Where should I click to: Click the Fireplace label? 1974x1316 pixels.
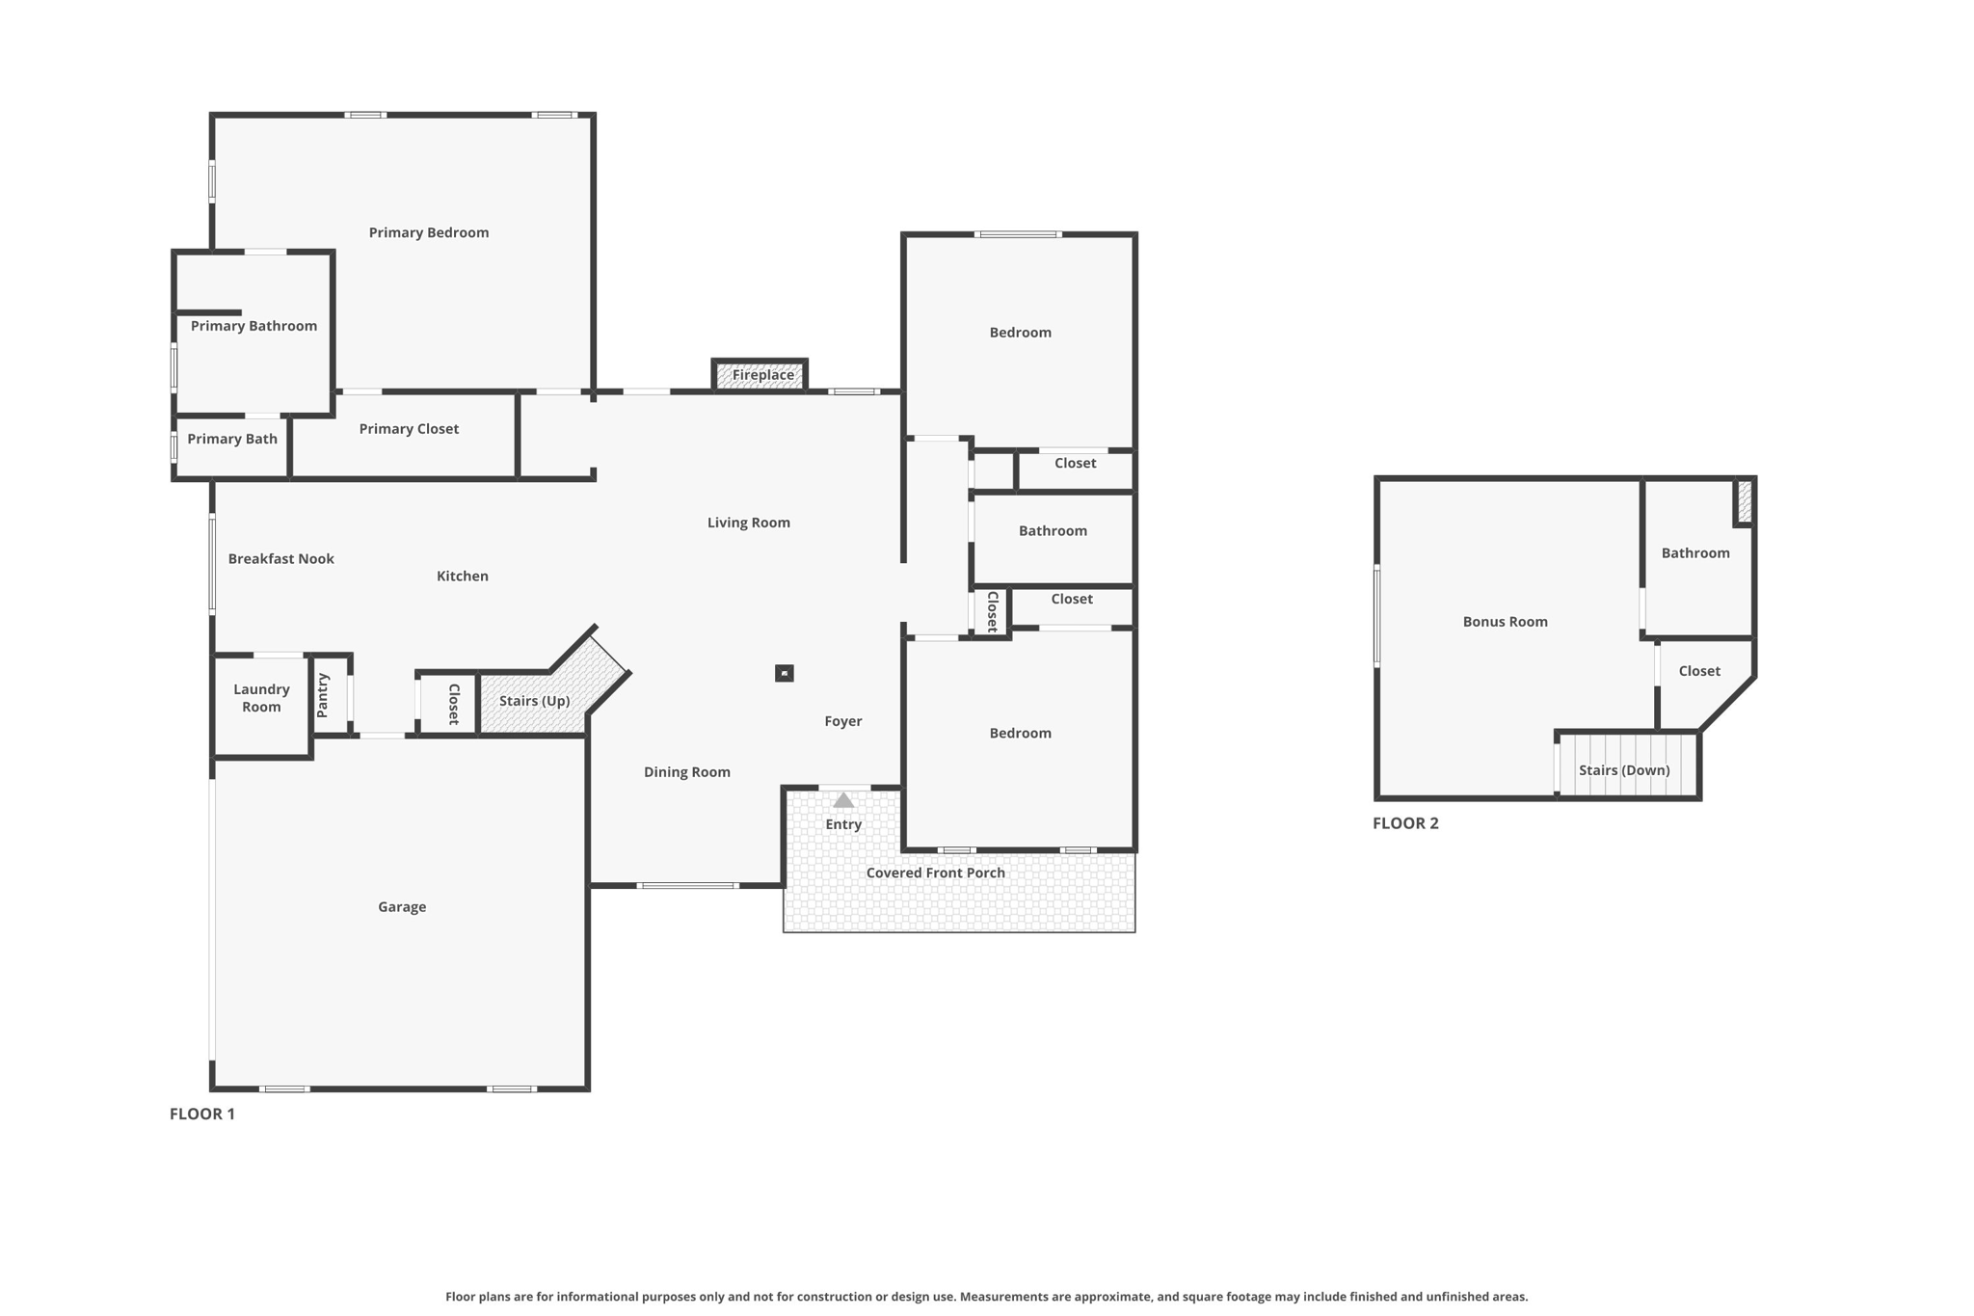tap(762, 375)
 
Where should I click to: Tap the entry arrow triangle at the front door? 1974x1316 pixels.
tap(843, 800)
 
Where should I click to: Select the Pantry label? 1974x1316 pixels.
tap(323, 695)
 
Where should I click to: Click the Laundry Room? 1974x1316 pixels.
tap(261, 706)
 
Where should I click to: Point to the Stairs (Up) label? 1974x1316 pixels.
tap(534, 701)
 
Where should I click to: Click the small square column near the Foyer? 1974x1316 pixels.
tap(785, 673)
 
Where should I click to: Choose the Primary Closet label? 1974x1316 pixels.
tap(409, 429)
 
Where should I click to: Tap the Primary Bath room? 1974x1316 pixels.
tap(231, 446)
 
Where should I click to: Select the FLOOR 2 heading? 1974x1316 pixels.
tap(1405, 823)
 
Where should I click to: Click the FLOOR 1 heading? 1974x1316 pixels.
tap(202, 1115)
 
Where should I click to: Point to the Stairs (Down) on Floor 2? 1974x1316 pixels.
tap(1627, 765)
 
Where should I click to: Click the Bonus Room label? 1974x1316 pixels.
tap(1505, 622)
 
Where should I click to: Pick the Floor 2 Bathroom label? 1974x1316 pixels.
tap(1695, 553)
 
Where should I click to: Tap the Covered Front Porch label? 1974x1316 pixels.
tap(935, 873)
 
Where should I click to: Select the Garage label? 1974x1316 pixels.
tap(402, 907)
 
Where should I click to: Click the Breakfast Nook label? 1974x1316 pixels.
tap(280, 559)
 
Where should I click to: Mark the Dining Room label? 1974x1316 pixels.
tap(686, 772)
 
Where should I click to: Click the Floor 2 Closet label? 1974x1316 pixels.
tap(1698, 671)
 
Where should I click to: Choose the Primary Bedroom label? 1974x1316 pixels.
tap(428, 232)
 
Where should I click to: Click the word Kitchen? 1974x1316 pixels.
tap(462, 577)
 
